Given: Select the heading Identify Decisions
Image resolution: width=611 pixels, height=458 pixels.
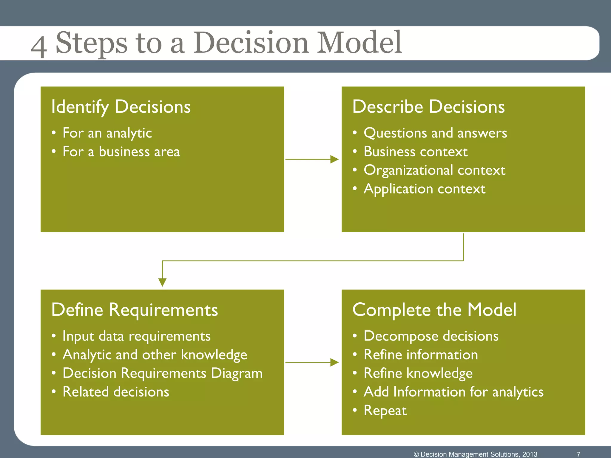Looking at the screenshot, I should pos(121,107).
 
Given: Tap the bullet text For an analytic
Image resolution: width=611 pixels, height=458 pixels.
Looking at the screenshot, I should pos(107,133).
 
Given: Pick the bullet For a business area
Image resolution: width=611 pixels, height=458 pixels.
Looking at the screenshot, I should pos(121,152).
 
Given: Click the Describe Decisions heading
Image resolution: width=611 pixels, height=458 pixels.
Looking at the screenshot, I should pos(428,107).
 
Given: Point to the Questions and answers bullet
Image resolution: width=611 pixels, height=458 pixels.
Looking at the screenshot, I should pos(435,133).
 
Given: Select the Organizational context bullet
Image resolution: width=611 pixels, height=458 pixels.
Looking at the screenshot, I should pos(434,170).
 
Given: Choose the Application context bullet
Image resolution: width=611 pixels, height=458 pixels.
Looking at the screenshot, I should pos(424,189).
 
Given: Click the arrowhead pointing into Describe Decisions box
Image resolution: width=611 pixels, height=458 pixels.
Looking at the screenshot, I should pos(334,159).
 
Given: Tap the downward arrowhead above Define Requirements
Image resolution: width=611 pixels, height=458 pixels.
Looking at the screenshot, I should pos(162,282).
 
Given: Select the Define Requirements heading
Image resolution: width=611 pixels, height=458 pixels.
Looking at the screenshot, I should pos(135,310).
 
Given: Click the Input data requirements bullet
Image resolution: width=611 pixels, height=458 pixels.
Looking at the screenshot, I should pos(136,336).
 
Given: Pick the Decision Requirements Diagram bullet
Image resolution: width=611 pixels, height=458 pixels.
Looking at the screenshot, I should pos(163,373).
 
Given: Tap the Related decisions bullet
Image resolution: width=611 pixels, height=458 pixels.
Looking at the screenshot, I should pos(116,392).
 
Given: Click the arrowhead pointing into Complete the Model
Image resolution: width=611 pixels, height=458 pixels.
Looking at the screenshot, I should pos(334,362).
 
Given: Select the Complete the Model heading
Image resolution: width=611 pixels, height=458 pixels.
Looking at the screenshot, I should pos(434,310).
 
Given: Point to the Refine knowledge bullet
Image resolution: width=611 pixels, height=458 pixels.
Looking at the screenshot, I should pos(418,373).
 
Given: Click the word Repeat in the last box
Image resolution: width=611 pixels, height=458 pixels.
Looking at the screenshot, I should pos(385,411).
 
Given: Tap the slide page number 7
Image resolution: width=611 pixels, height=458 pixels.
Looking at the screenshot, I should pos(578,454).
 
